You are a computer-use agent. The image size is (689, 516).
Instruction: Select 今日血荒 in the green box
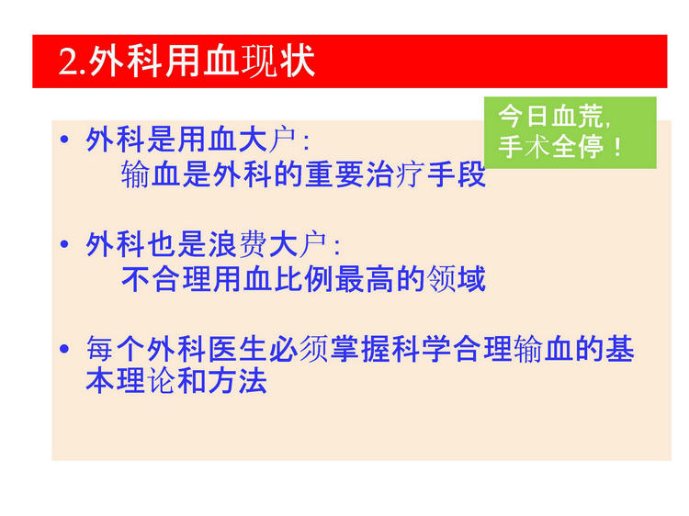click(x=551, y=117)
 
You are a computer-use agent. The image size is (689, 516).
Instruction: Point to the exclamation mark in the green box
click(x=618, y=147)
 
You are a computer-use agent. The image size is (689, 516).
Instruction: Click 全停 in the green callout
click(x=578, y=147)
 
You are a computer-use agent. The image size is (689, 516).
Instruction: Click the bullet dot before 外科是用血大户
click(x=64, y=140)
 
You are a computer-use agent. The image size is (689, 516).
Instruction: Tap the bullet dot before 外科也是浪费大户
click(x=64, y=243)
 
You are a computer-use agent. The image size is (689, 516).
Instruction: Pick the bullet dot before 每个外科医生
click(x=64, y=349)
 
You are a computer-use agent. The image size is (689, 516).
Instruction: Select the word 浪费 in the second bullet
click(x=238, y=244)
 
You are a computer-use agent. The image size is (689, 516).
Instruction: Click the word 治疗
click(x=395, y=174)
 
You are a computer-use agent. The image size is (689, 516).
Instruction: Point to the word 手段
click(x=456, y=174)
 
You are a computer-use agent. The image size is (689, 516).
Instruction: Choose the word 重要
click(x=334, y=174)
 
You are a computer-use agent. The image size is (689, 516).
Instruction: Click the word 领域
click(x=456, y=279)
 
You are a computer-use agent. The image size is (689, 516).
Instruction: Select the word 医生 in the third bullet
click(x=238, y=349)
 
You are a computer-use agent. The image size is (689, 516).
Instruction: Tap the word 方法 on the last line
click(x=238, y=380)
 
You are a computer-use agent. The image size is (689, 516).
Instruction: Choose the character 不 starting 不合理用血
click(x=136, y=279)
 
